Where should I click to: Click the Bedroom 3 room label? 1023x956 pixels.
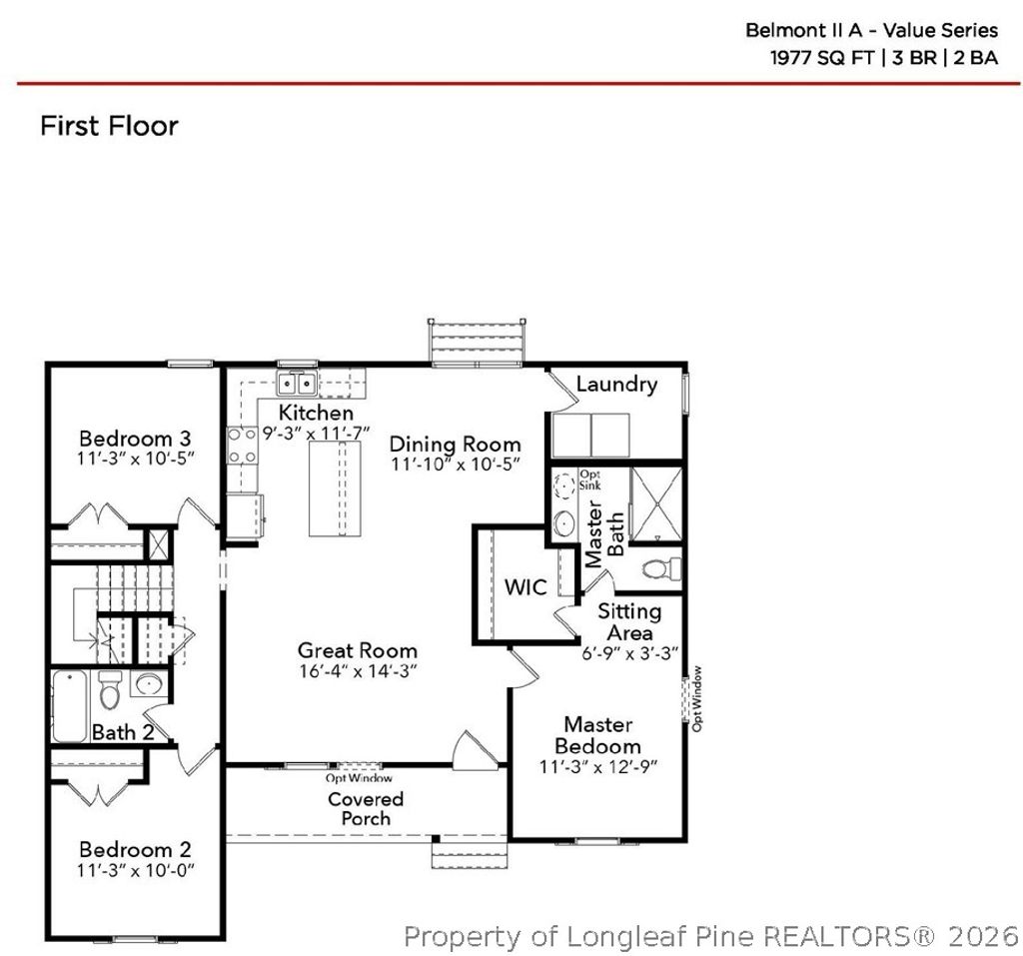[x=135, y=439]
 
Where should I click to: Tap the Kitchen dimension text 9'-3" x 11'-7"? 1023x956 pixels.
[x=316, y=434]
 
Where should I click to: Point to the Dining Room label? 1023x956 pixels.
[x=455, y=444]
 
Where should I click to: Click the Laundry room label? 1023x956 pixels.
[x=616, y=385]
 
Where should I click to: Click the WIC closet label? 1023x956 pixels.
[x=525, y=586]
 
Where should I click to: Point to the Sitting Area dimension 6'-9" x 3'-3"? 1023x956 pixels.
[x=630, y=654]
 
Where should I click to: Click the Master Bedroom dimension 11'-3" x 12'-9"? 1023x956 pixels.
[x=597, y=768]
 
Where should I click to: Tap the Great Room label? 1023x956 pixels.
[x=357, y=650]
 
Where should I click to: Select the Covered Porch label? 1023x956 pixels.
[x=366, y=808]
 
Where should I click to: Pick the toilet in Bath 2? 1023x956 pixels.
[x=110, y=689]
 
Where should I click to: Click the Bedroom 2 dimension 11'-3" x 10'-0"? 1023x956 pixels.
[x=135, y=869]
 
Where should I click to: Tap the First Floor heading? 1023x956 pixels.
[x=109, y=126]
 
